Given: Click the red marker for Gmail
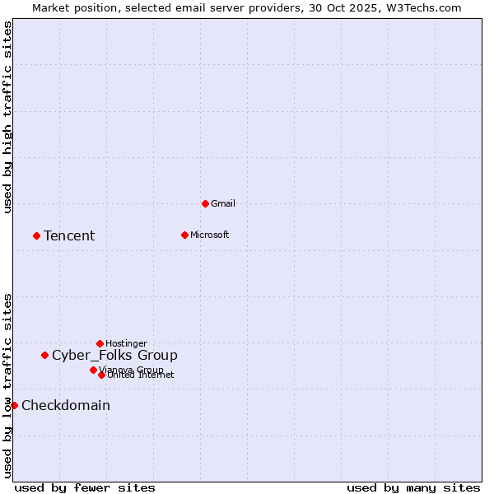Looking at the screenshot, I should [205, 203].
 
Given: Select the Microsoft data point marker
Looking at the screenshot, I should [184, 235].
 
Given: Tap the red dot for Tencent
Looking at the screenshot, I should [36, 235].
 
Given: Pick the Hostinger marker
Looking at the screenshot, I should [100, 343].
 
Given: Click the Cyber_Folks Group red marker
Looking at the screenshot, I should [44, 355].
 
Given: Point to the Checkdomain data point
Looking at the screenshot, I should [14, 405].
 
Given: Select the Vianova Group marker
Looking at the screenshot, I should [93, 370].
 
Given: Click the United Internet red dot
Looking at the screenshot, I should [101, 375].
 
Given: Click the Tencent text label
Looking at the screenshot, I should [69, 236].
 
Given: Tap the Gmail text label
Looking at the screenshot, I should [223, 203].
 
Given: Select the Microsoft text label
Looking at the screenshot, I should [209, 235].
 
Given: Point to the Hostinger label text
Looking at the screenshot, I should [126, 343].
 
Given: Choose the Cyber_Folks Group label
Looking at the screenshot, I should [114, 356].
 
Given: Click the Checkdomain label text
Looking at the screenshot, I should [66, 406].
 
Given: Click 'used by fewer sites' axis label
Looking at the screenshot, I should [85, 487].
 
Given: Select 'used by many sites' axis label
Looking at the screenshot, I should [413, 487].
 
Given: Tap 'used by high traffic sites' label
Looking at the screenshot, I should [7, 118].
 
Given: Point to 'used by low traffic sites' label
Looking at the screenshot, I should [7, 384].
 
